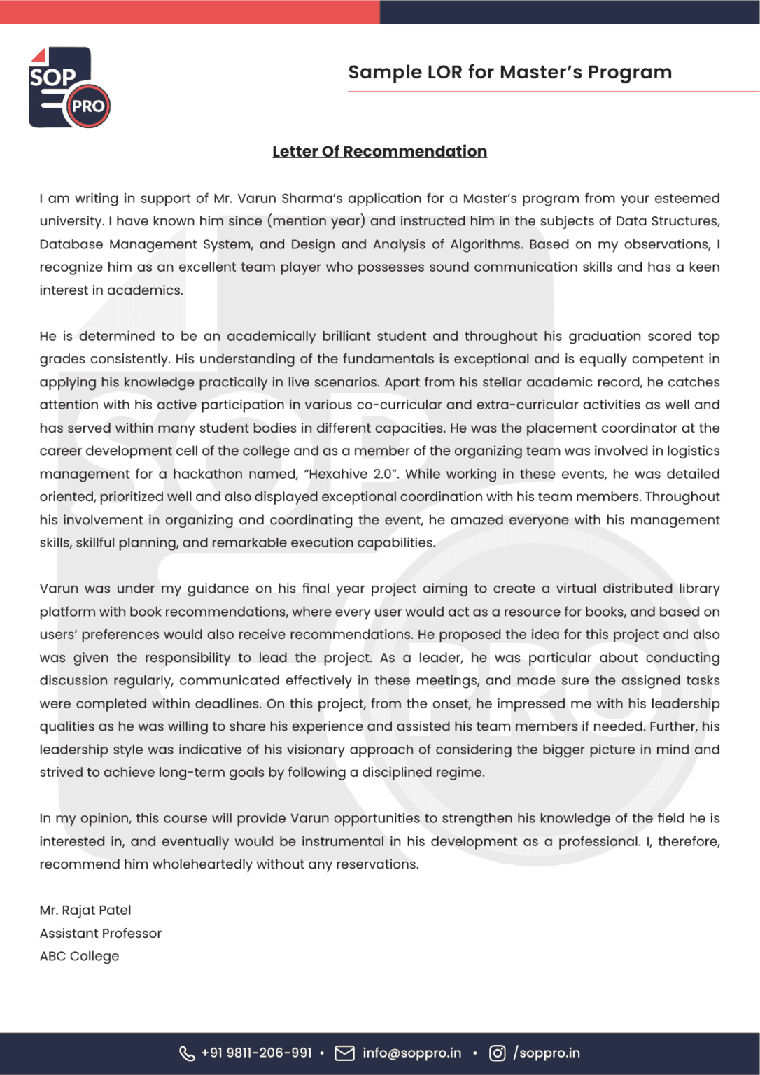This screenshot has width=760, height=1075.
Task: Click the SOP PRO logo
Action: (x=69, y=87)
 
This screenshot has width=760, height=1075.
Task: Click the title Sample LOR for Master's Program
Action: (x=509, y=72)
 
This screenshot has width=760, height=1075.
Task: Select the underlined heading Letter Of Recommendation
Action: (x=379, y=152)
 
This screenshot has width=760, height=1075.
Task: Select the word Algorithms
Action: (x=485, y=244)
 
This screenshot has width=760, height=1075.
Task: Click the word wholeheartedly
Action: (x=202, y=864)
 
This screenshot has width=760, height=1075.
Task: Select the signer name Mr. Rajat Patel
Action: (x=85, y=911)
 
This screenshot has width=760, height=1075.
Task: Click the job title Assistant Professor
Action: (x=101, y=934)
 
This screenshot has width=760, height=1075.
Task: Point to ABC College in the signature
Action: (x=79, y=956)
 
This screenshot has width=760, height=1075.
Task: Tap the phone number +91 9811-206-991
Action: (x=256, y=1053)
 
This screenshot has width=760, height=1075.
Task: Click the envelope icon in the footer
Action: (x=344, y=1053)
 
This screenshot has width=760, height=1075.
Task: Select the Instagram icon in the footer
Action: (x=497, y=1053)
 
